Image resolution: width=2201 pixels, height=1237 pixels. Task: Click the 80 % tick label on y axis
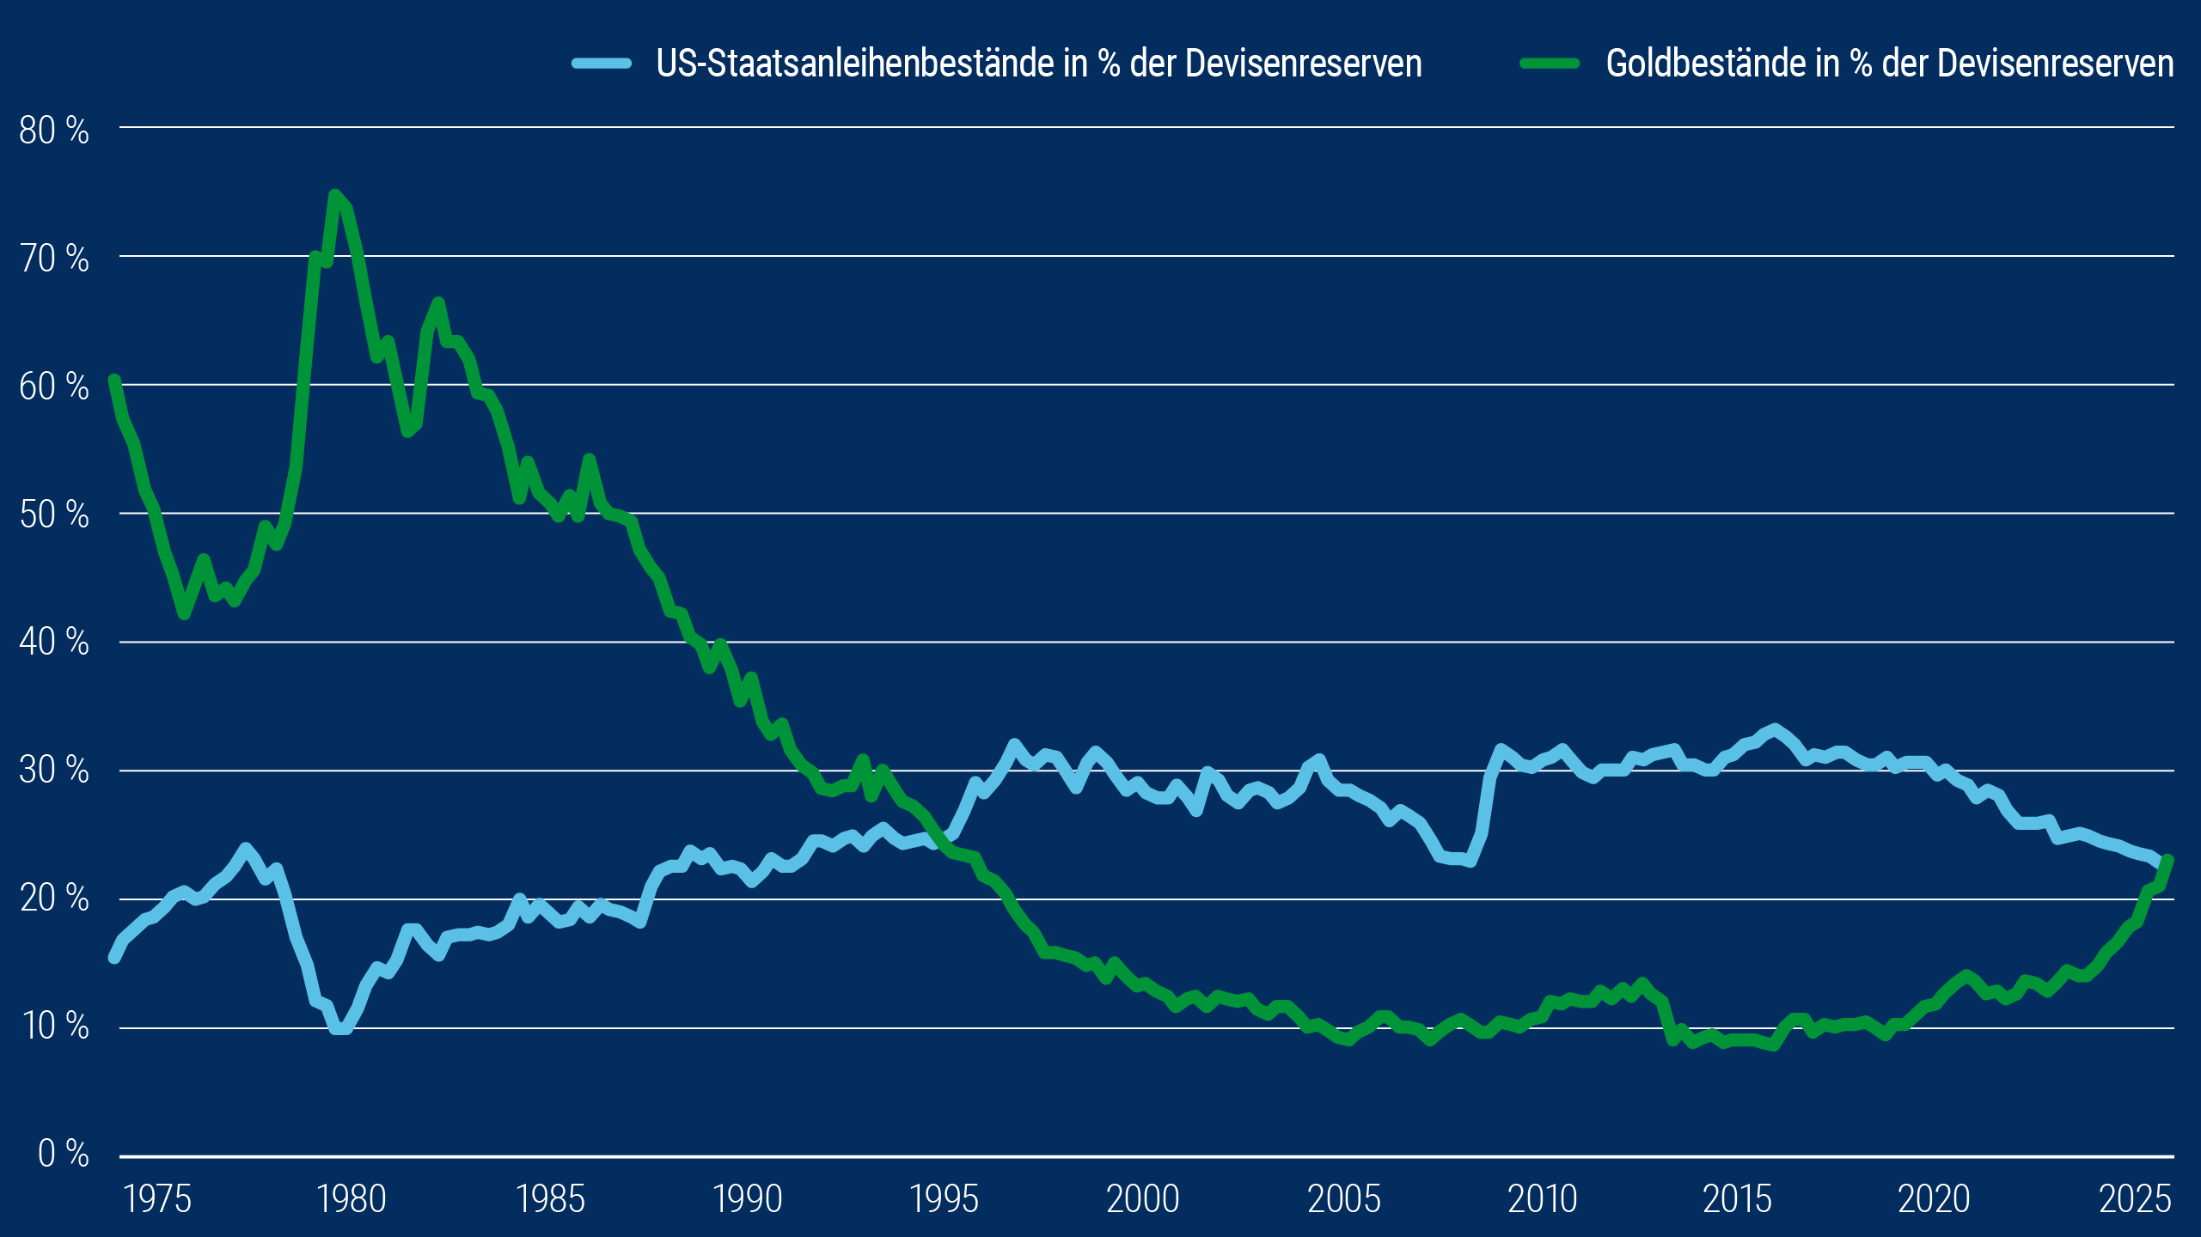53,131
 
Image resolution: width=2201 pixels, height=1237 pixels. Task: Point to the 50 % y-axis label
53,515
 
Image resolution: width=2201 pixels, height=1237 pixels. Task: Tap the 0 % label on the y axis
63,1154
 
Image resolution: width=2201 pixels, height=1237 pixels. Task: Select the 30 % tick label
53,771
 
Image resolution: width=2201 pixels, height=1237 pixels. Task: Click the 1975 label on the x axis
157,1199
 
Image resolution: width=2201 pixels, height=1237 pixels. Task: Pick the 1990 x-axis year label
747,1199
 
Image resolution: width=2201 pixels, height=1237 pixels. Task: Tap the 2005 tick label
1343,1199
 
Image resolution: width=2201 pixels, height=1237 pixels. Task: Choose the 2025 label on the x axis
2135,1199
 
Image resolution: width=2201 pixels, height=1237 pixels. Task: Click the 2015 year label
1737,1199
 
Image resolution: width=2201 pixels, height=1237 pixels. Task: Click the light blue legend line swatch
602,64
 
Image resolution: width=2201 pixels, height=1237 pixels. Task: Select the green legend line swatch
1550,64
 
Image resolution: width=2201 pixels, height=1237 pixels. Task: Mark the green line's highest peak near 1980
335,195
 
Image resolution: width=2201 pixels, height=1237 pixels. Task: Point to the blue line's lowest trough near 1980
340,1028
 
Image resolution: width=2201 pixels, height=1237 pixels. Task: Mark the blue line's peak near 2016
1775,729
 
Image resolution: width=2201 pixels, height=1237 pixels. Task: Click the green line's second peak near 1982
438,302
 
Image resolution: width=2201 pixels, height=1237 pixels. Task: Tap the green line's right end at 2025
2167,860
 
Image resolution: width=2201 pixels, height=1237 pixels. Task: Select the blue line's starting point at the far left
114,957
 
